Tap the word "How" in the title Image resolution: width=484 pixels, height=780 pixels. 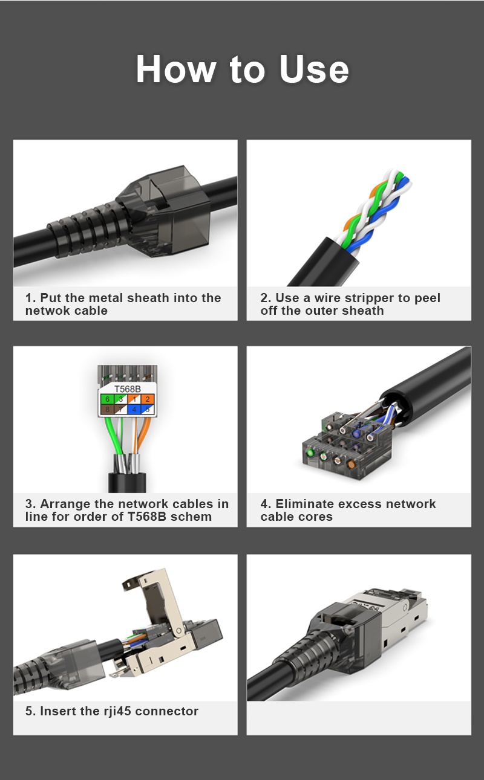(x=175, y=69)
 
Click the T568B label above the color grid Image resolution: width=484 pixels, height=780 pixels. (x=127, y=388)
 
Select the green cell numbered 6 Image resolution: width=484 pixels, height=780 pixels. (x=106, y=399)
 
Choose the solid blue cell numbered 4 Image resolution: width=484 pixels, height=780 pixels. (x=134, y=410)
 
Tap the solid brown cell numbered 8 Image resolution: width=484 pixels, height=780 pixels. (x=106, y=410)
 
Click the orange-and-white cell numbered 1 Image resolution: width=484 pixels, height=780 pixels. (x=134, y=399)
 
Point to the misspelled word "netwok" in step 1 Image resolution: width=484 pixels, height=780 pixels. (x=45, y=311)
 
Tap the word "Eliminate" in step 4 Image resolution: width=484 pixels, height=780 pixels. (x=304, y=504)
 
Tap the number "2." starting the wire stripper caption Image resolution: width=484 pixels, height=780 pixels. (x=266, y=298)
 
